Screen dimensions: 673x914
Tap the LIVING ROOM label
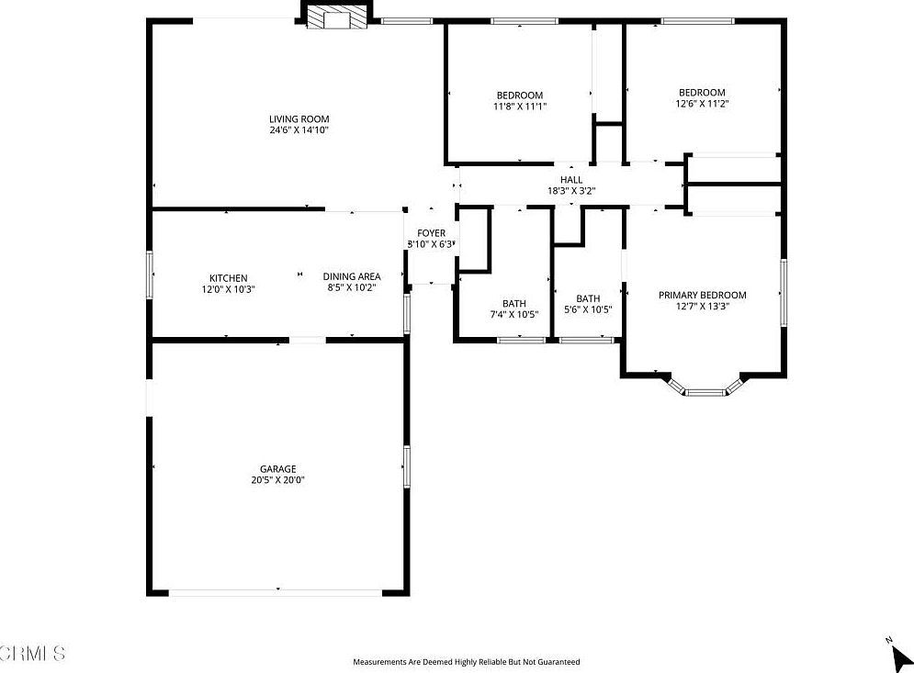(x=299, y=118)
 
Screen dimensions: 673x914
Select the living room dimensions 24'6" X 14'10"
(x=299, y=130)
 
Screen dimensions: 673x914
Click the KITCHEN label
(x=228, y=278)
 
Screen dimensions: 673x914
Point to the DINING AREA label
(x=351, y=276)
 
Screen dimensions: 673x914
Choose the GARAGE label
(x=276, y=469)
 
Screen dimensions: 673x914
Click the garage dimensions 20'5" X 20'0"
(x=276, y=480)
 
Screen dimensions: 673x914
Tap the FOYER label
(x=431, y=233)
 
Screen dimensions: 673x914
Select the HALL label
(x=571, y=180)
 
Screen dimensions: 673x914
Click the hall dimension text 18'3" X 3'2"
(x=571, y=192)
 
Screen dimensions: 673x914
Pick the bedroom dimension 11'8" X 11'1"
(x=520, y=107)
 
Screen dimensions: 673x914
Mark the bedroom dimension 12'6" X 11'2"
(x=702, y=104)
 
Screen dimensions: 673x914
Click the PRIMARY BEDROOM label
(x=702, y=296)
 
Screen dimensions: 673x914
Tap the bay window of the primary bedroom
(x=705, y=391)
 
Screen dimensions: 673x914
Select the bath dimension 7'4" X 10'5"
(x=513, y=315)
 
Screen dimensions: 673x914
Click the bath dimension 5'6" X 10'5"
(x=588, y=309)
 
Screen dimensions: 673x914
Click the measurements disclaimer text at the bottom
(x=467, y=661)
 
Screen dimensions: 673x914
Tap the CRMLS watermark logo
(x=33, y=654)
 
